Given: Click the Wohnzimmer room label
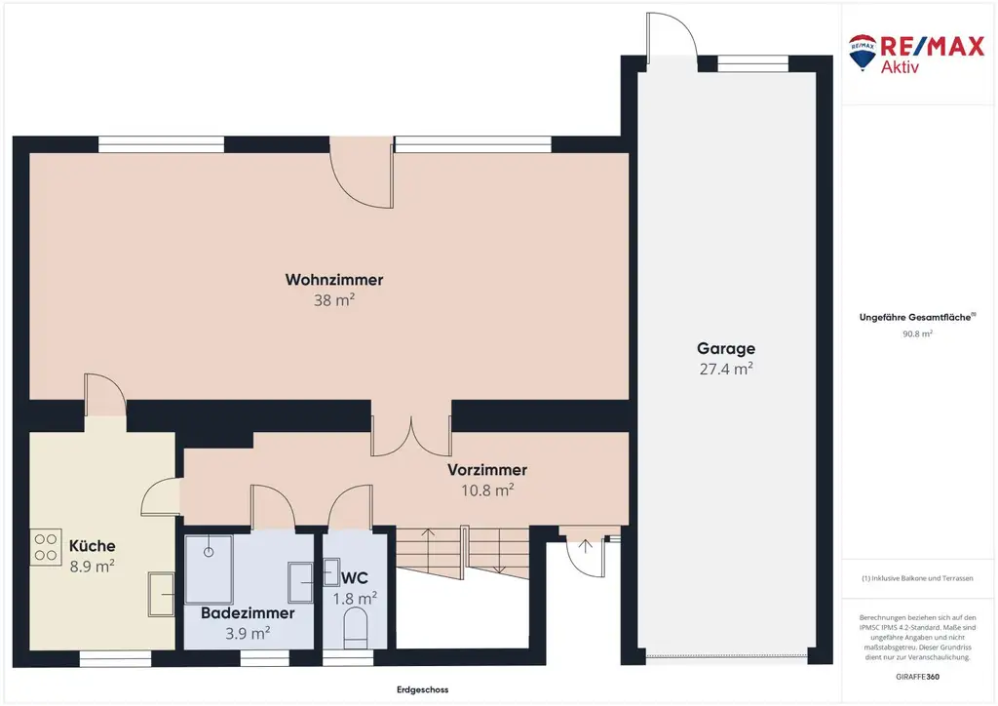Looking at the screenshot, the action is click(334, 280).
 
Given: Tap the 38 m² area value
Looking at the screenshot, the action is click(334, 299).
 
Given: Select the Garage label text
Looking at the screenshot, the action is click(726, 349).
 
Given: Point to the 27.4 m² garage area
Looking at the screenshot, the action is click(726, 369).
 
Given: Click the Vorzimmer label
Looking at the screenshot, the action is click(487, 470).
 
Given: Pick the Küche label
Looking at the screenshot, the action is click(93, 545).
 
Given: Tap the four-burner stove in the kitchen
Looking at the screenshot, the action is click(46, 547).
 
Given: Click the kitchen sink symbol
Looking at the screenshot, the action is click(162, 594).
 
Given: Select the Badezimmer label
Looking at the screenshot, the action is click(248, 613).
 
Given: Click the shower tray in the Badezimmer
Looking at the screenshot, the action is click(209, 569).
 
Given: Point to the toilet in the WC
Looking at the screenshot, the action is click(356, 627).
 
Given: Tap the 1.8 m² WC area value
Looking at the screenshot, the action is click(355, 599).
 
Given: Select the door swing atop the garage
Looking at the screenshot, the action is click(672, 35).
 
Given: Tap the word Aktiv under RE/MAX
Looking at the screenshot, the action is click(900, 66).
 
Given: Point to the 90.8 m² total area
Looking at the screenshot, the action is click(917, 333).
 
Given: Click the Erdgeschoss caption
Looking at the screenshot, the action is click(423, 689).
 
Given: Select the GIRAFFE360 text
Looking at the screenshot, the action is click(917, 677).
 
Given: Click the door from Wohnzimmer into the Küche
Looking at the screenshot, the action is click(105, 395).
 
